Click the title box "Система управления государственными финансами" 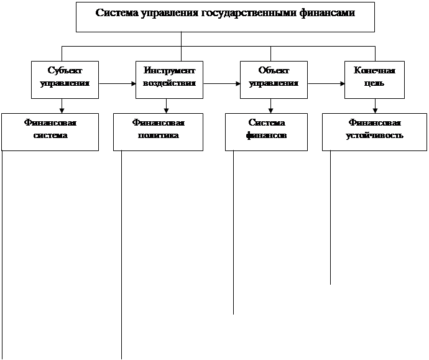click(225, 16)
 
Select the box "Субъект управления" click(65, 78)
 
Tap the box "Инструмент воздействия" click(169, 78)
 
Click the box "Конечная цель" click(375, 78)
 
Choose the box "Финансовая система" click(50, 131)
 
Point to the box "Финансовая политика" click(158, 131)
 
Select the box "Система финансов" click(266, 131)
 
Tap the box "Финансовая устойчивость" click(374, 131)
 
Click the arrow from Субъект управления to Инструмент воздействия click(117, 83)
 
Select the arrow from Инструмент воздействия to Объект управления click(222, 83)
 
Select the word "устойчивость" click(374, 136)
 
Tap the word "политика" click(158, 136)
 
